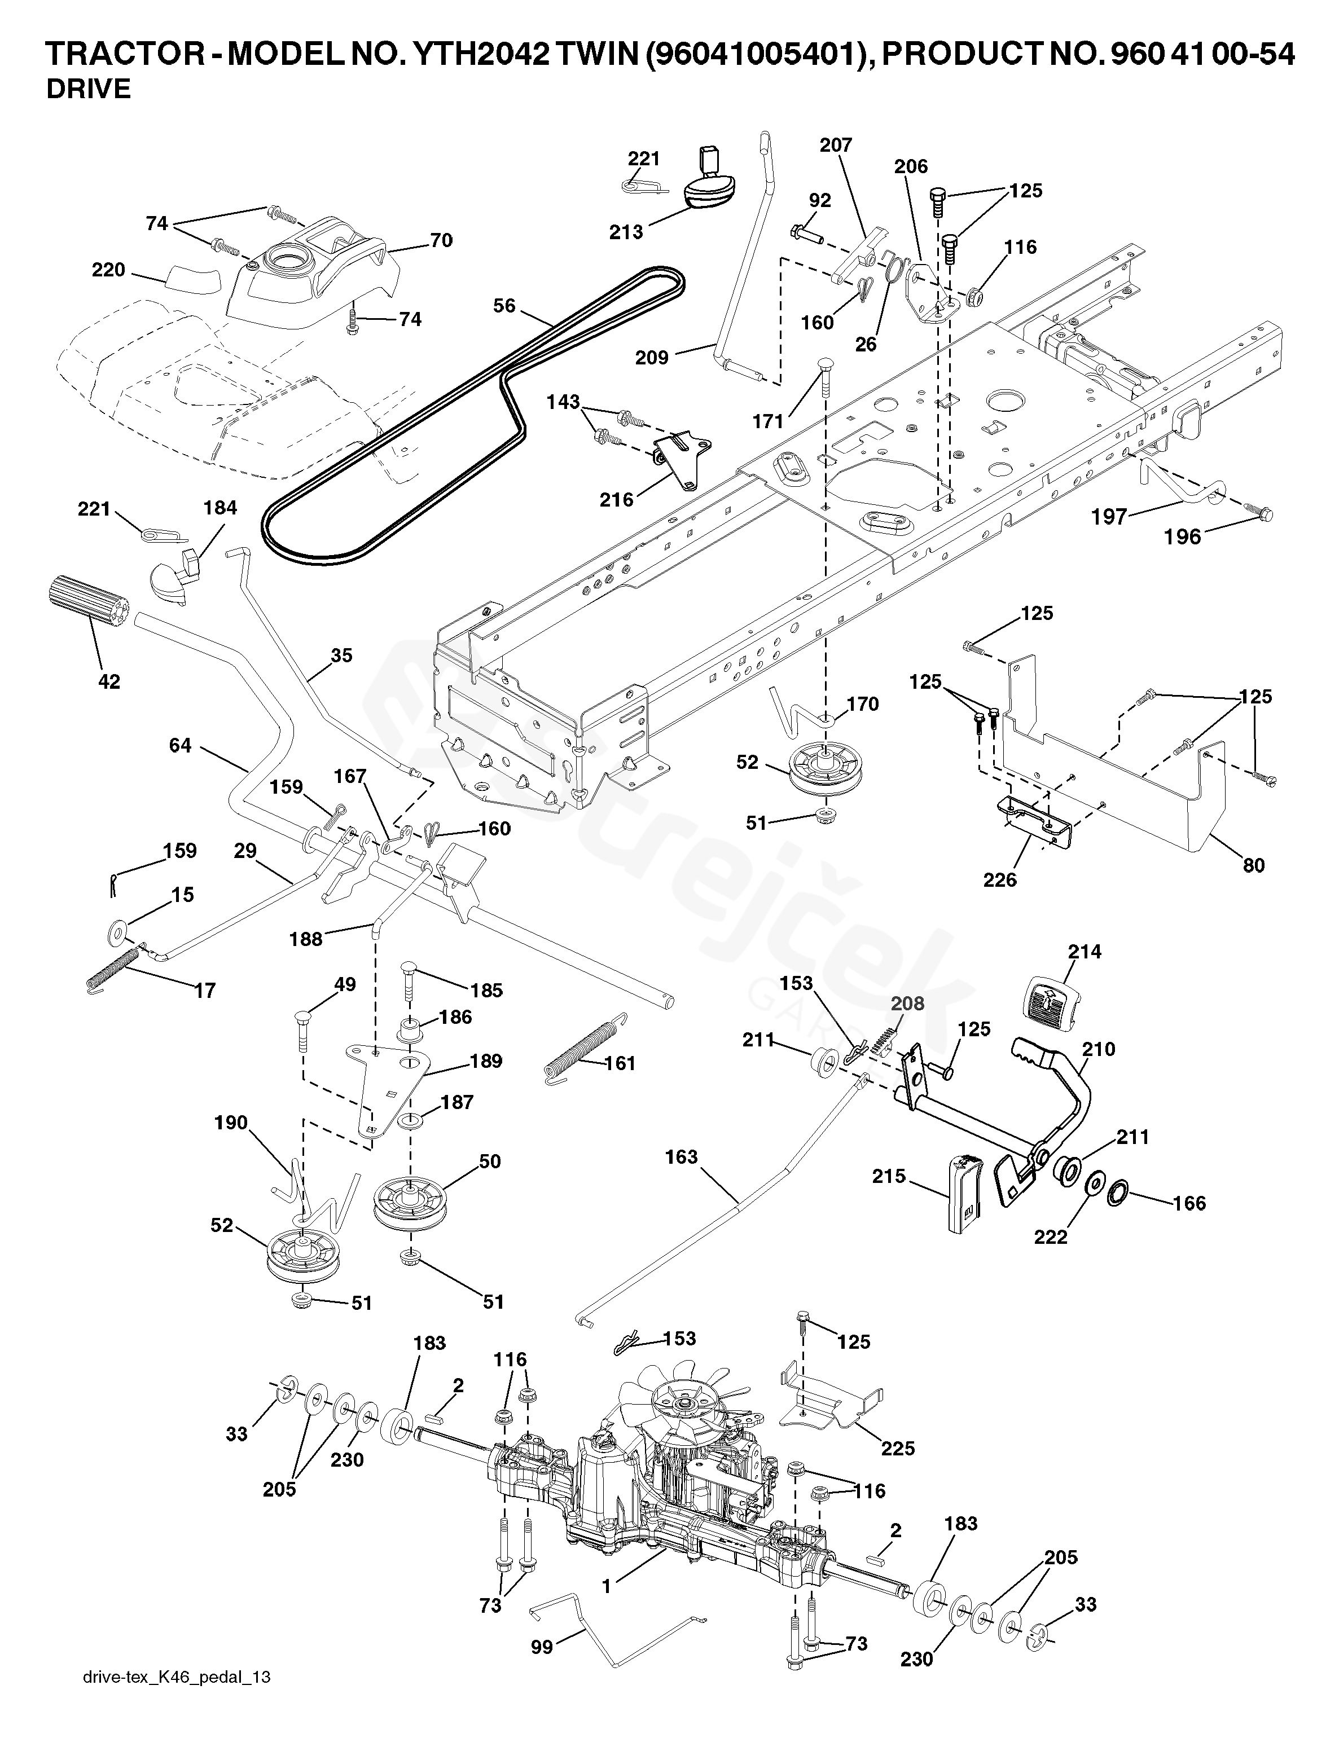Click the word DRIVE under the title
coord(89,89)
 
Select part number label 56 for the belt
coord(504,306)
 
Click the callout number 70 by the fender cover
coord(441,240)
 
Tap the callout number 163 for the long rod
coord(682,1156)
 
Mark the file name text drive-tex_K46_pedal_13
coord(177,1698)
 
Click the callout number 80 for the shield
coord(1254,864)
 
